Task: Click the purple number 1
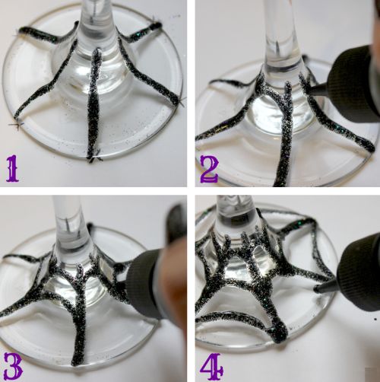click(x=12, y=168)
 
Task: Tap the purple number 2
click(x=209, y=168)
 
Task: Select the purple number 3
click(x=13, y=366)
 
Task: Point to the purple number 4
click(x=212, y=366)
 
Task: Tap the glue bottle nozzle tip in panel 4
click(x=317, y=288)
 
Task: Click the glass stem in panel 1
click(x=96, y=24)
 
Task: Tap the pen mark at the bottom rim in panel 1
click(x=94, y=158)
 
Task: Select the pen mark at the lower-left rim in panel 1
click(x=16, y=125)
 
